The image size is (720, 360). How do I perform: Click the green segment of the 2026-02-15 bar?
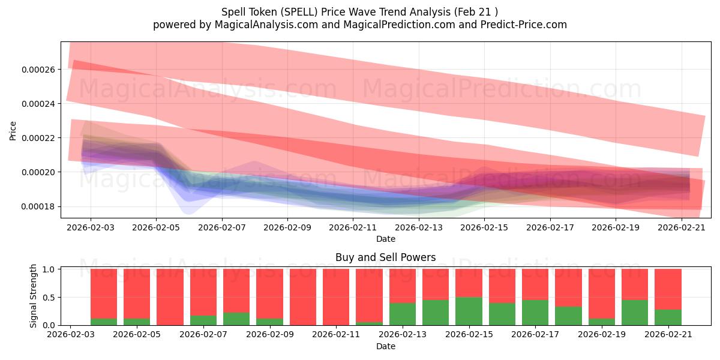click(x=469, y=311)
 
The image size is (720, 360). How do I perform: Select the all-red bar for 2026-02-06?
click(x=170, y=297)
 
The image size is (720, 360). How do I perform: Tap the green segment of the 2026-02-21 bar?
click(x=668, y=317)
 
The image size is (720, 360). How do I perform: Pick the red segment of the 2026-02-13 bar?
click(x=403, y=286)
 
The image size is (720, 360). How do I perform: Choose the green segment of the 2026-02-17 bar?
click(x=535, y=313)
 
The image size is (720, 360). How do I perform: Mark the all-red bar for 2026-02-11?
click(x=336, y=297)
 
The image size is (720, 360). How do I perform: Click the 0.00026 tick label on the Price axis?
click(x=38, y=70)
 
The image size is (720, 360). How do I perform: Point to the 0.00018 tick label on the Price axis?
click(x=38, y=206)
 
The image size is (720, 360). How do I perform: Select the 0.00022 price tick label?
click(x=38, y=138)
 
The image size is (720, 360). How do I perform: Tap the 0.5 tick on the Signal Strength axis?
click(x=49, y=298)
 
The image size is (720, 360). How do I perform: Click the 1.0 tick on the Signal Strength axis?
click(x=49, y=269)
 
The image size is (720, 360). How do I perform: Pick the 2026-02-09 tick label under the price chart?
click(x=287, y=227)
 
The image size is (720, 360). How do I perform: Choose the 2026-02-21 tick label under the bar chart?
click(x=668, y=335)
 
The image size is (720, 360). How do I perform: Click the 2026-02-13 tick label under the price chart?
click(x=419, y=227)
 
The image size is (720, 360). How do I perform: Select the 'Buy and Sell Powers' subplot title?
click(x=386, y=257)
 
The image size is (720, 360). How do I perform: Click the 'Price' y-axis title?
click(x=13, y=131)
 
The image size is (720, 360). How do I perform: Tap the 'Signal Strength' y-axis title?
click(x=33, y=296)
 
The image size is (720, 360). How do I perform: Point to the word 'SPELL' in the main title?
click(x=299, y=12)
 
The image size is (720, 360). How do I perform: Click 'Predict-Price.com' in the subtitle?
click(x=524, y=25)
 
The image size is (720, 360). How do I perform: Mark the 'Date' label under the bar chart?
click(x=386, y=346)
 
